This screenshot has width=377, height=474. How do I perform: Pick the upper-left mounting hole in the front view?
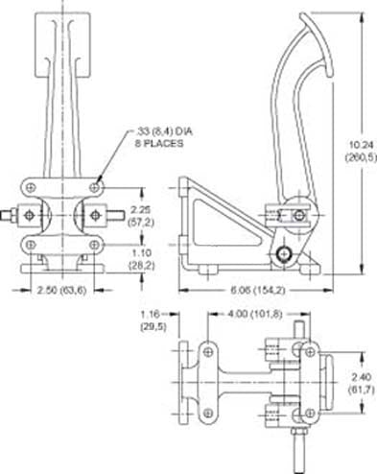(32, 185)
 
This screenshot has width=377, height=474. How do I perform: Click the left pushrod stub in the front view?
(11, 214)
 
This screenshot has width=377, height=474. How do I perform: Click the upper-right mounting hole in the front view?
(95, 185)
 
